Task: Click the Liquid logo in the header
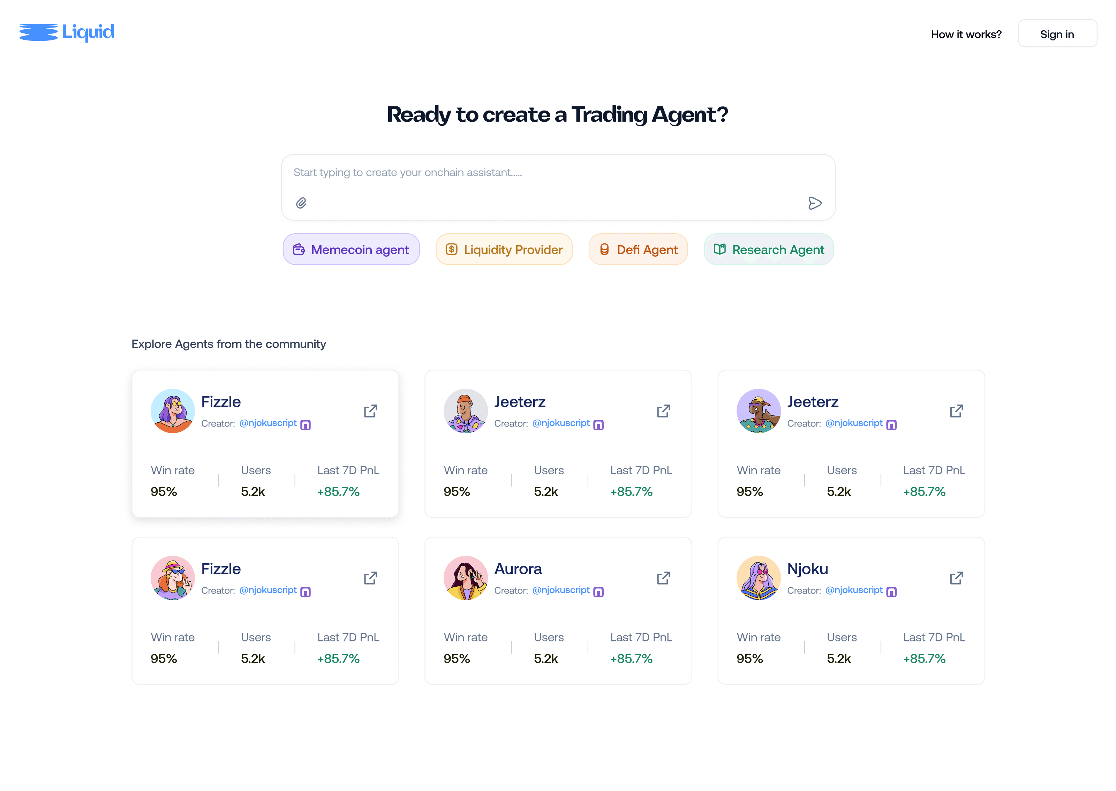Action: [67, 32]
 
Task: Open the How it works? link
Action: [966, 34]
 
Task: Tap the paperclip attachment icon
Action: [301, 203]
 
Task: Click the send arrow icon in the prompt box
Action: [815, 203]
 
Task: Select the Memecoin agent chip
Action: [351, 249]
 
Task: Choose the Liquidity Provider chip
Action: [504, 249]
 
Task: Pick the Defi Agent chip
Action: [638, 249]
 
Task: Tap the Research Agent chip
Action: [769, 249]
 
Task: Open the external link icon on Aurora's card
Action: [663, 578]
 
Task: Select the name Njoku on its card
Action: [807, 568]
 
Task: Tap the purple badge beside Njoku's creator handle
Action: [891, 592]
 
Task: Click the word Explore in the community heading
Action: [151, 344]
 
